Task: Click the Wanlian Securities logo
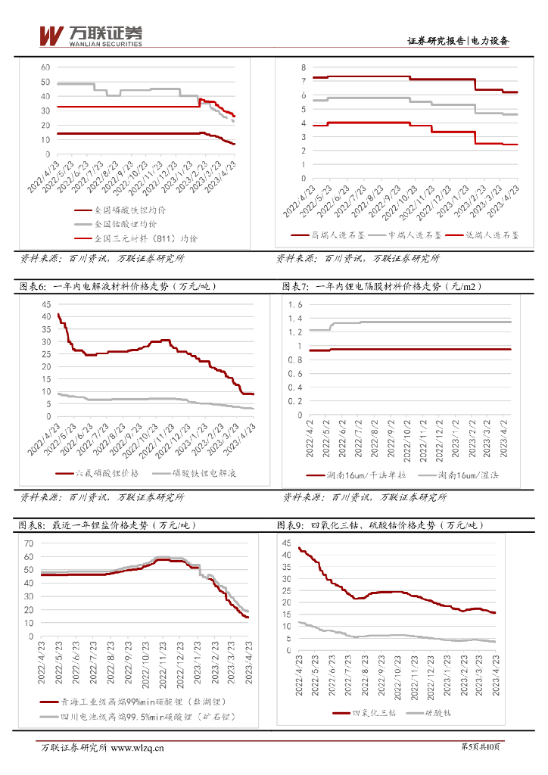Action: (90, 36)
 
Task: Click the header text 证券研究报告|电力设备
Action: (458, 41)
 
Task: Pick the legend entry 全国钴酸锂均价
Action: (126, 224)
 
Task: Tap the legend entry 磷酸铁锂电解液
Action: (201, 473)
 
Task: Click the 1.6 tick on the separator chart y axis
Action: (295, 304)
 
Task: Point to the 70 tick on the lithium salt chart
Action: (29, 543)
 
